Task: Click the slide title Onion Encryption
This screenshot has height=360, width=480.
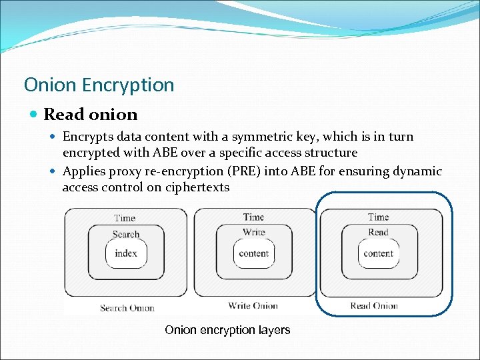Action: coord(99,85)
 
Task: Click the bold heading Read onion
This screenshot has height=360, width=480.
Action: coord(90,115)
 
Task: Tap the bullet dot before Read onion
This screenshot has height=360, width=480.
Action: coord(34,115)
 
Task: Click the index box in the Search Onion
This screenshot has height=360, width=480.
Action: coord(126,253)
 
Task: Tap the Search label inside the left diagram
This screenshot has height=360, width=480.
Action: coord(126,234)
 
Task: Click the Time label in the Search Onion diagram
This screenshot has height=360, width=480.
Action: coord(125,218)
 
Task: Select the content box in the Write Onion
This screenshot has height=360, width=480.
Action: coord(253,253)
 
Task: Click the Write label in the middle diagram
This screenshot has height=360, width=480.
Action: coord(253,233)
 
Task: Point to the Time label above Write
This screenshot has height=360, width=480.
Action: coord(253,217)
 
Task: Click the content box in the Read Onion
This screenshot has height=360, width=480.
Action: coord(378,253)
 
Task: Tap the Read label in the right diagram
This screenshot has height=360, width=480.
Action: coord(378,233)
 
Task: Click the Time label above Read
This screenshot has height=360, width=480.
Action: coord(378,217)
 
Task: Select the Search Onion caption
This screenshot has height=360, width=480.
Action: coord(127,308)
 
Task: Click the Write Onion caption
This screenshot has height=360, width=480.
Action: coord(253,306)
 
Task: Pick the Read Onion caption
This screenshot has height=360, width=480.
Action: coord(374,306)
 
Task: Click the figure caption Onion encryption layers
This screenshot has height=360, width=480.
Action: coord(227,330)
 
